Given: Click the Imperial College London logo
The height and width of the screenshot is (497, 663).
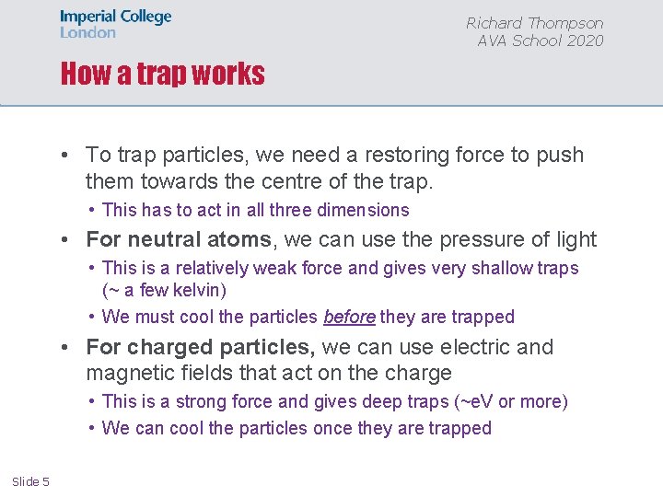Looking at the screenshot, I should [115, 24].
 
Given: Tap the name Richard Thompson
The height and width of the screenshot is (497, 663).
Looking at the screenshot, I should [534, 23].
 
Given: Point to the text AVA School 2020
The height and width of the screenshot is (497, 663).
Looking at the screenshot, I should [541, 40].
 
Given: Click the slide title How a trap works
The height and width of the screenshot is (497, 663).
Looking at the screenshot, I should [162, 74].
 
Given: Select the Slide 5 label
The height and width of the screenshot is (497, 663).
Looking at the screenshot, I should [30, 481].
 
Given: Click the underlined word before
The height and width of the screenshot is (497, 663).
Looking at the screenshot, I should [349, 317].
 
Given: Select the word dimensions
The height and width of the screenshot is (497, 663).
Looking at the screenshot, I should [362, 210].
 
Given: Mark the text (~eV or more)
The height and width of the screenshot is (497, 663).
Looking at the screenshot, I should [511, 401].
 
